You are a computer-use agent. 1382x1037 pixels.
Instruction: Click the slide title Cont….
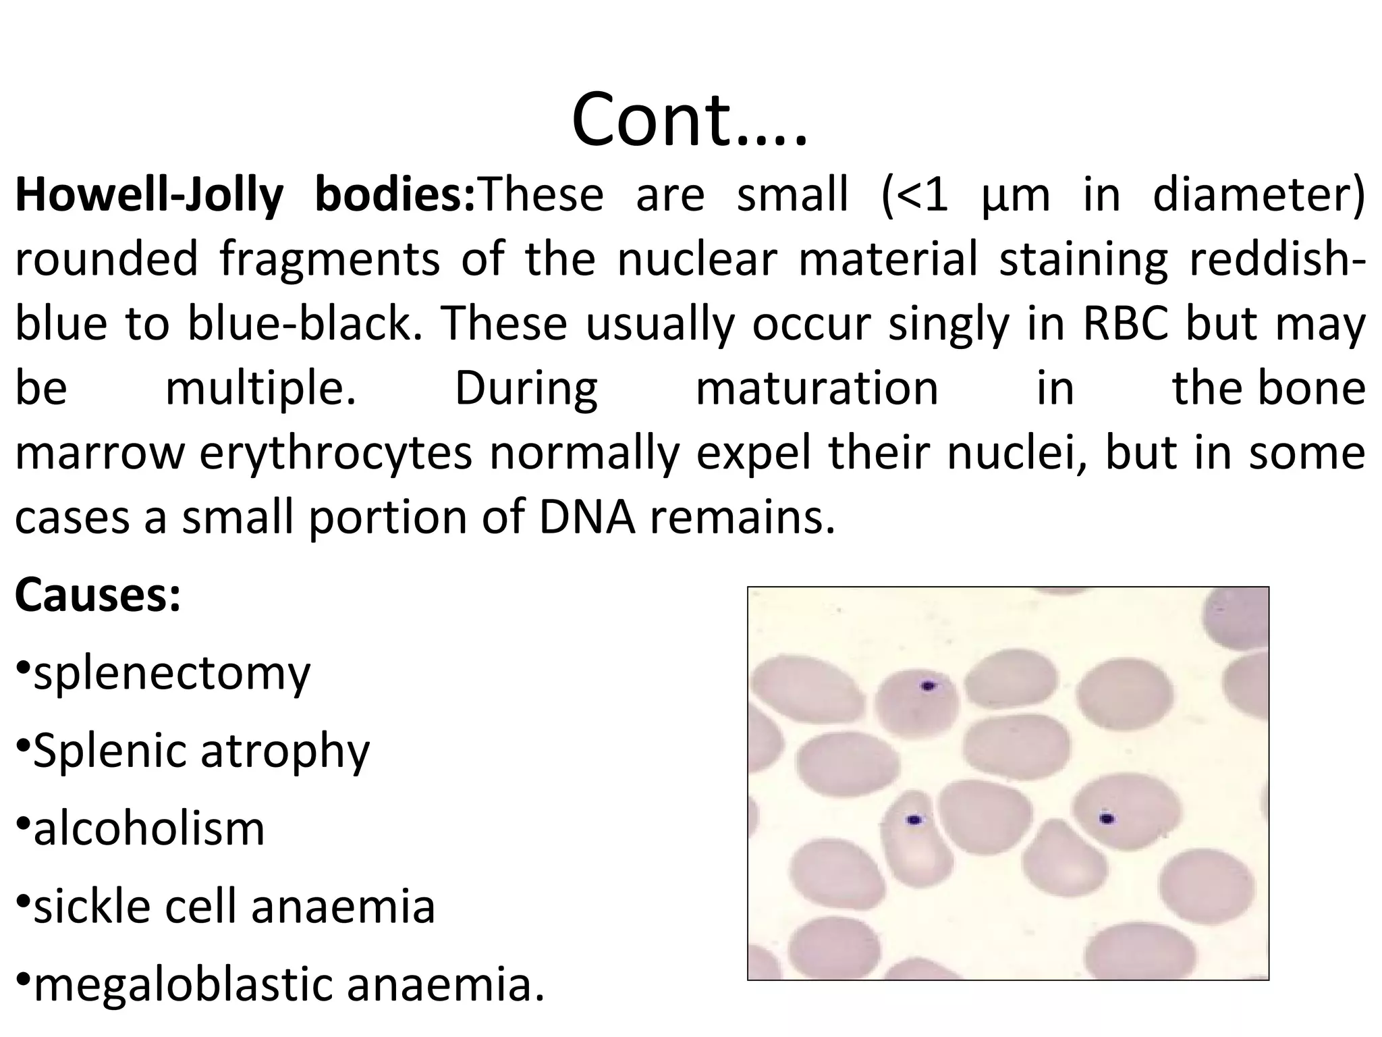tap(689, 120)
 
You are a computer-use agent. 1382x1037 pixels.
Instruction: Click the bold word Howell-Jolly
tap(149, 195)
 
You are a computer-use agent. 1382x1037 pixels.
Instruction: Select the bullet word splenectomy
tap(172, 674)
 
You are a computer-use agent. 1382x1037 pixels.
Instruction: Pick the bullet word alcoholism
tap(149, 828)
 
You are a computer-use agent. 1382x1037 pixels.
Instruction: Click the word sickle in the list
tap(94, 906)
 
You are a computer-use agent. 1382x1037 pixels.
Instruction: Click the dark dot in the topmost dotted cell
tap(929, 686)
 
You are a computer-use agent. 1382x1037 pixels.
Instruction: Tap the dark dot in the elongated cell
tap(914, 820)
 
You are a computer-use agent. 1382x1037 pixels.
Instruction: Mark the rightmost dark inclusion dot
tap(1107, 819)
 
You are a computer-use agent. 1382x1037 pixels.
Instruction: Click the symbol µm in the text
tap(1014, 195)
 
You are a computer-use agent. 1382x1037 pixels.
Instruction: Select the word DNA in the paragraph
tap(586, 518)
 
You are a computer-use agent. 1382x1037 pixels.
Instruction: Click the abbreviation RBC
tap(1125, 324)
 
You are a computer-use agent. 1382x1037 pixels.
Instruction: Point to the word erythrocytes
tap(335, 454)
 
